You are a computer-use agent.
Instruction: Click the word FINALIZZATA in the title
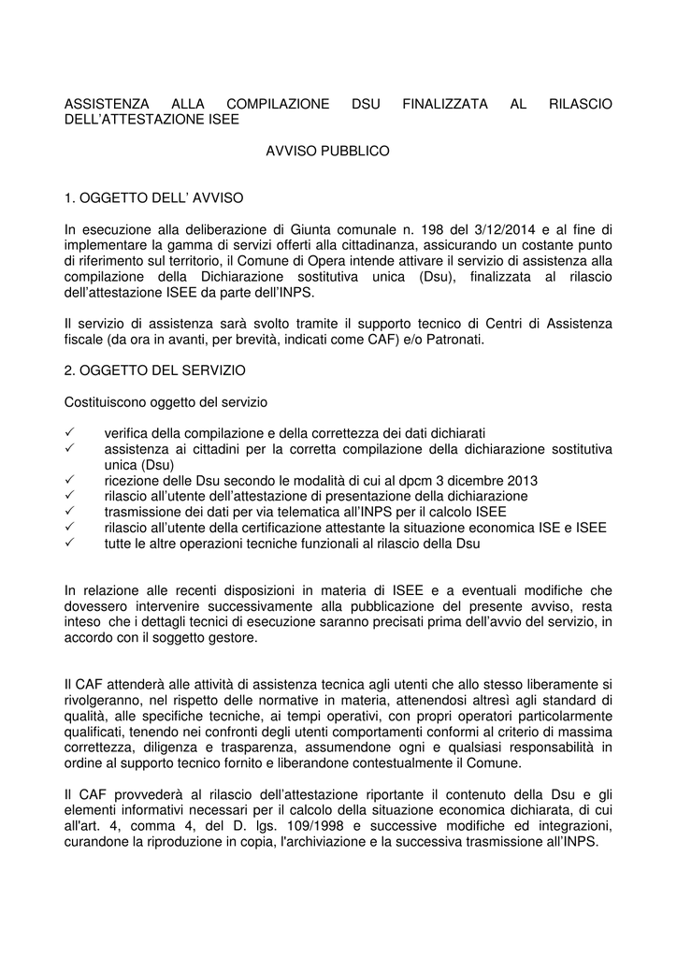coord(444,104)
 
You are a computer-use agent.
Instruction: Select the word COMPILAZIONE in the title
coord(278,104)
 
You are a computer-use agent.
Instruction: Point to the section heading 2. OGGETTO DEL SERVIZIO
coord(155,370)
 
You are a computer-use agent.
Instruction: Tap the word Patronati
coord(454,340)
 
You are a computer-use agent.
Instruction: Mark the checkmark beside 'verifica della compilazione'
coord(70,433)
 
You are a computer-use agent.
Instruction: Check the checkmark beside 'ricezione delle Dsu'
coord(70,480)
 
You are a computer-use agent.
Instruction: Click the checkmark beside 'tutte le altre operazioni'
coord(70,543)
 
